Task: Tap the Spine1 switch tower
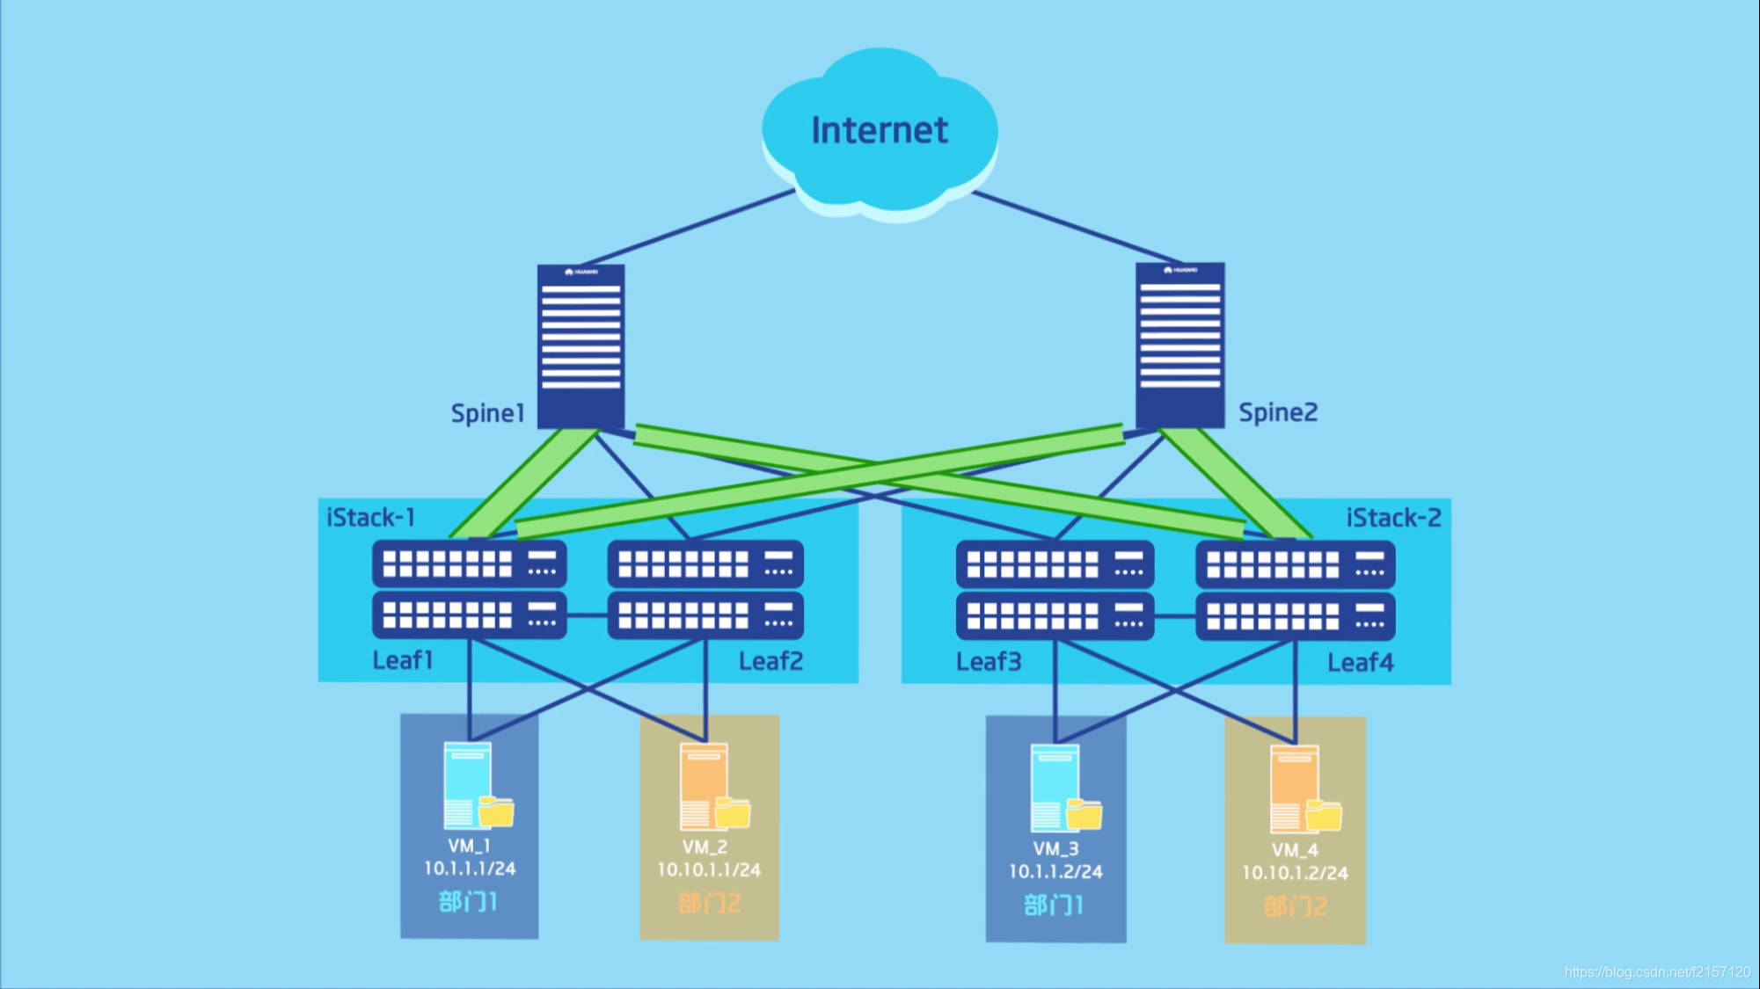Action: pos(581,346)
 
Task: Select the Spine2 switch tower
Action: pos(1179,345)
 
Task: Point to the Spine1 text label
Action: pos(487,413)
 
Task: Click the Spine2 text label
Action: pos(1278,412)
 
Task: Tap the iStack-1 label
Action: pos(371,517)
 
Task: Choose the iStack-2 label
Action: pos(1394,518)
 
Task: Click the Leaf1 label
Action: pos(403,659)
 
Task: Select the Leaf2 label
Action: pos(770,661)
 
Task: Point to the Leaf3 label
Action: pos(989,661)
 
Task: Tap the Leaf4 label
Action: pos(1360,662)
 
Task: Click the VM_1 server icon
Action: pos(478,786)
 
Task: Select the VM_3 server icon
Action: pos(1066,789)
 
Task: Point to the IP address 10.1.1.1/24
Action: pos(470,869)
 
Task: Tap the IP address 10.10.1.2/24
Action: pos(1295,873)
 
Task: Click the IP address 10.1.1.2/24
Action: pos(1055,871)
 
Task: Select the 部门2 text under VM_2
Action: pos(710,903)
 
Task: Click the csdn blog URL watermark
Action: pos(1657,971)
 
